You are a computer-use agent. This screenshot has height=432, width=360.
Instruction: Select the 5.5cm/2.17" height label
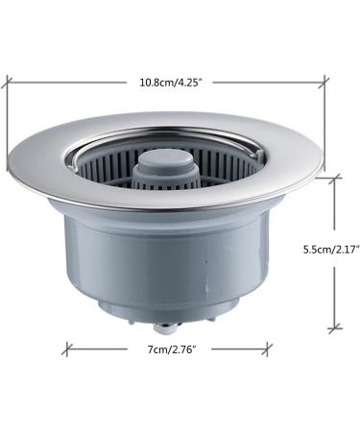point(321,249)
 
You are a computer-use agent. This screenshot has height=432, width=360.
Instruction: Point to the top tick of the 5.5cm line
point(334,177)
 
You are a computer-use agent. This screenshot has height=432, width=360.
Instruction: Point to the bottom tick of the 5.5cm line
point(334,329)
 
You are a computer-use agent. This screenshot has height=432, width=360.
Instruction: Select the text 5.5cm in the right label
point(304,249)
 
